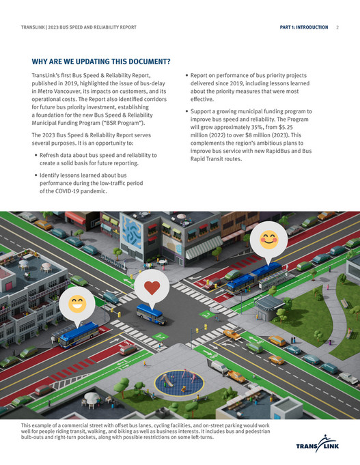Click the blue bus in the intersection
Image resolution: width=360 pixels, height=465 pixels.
150,313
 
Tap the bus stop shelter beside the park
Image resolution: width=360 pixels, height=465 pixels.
269,303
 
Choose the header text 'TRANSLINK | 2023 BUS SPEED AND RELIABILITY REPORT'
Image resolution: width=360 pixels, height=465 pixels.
79,27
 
